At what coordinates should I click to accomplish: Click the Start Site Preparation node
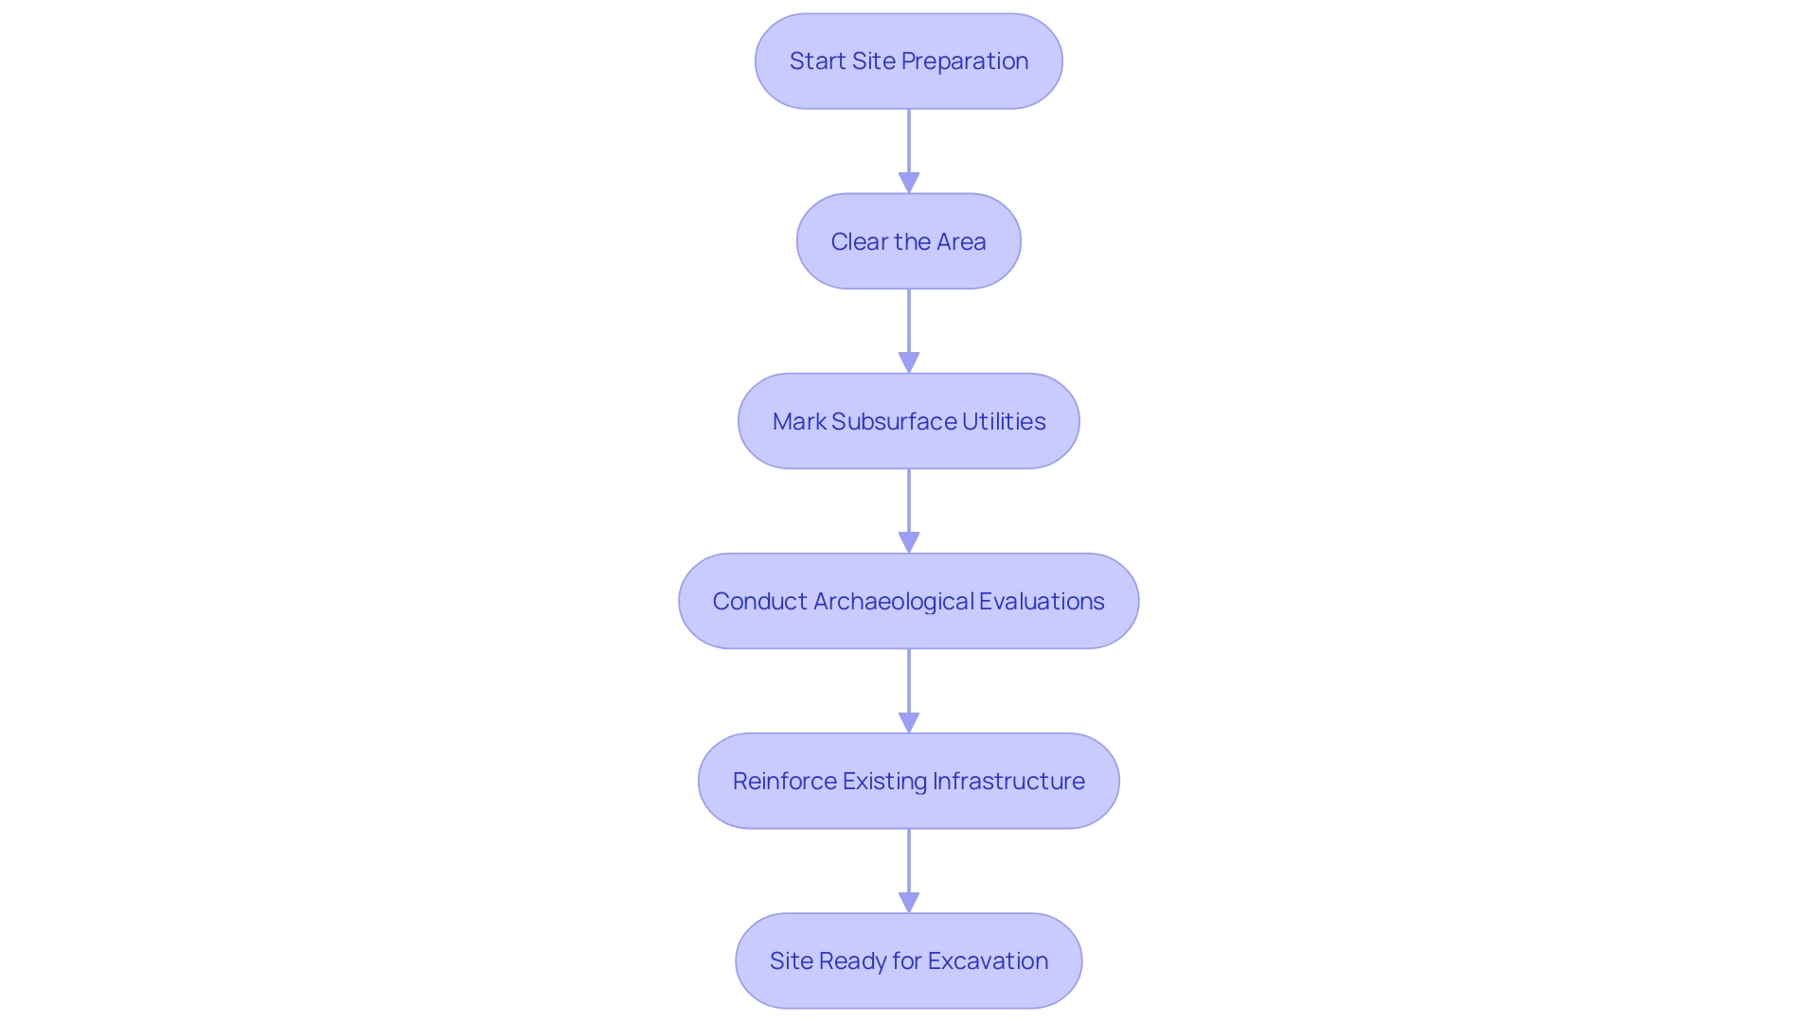click(908, 62)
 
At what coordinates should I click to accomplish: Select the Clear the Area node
click(908, 241)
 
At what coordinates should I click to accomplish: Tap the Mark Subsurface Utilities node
click(908, 421)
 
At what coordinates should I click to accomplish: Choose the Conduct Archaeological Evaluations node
click(908, 601)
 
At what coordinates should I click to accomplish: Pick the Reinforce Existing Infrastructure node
click(908, 781)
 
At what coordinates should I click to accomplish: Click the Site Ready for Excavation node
click(908, 960)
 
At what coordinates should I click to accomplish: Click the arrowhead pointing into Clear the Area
click(909, 183)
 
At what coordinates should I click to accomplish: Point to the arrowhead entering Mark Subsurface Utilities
click(909, 362)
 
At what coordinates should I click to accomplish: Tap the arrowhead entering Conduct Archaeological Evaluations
click(909, 542)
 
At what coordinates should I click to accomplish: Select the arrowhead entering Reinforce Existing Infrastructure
click(909, 722)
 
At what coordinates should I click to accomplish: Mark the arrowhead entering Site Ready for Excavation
click(909, 902)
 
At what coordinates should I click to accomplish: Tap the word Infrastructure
click(1008, 781)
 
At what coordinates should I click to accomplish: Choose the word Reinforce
click(784, 781)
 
